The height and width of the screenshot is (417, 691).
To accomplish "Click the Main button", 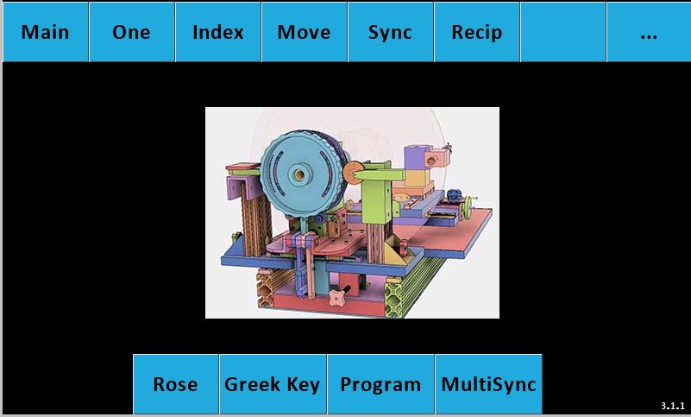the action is click(46, 32).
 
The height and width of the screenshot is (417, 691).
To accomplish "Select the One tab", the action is click(131, 32).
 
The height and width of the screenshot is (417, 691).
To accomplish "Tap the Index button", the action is click(217, 32).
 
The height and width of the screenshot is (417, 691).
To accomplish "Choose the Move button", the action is click(304, 32).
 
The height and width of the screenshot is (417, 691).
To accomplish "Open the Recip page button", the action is click(477, 32).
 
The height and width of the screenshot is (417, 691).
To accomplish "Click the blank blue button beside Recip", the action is click(563, 32).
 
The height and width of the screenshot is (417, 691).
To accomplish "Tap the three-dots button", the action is click(649, 32).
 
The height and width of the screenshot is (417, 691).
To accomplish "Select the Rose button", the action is click(175, 384).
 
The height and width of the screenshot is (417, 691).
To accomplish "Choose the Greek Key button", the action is click(273, 384).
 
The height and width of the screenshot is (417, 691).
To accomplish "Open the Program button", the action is click(380, 384).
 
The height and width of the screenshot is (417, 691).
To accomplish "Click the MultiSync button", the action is click(488, 384).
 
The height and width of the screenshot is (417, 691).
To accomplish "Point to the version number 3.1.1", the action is click(673, 406).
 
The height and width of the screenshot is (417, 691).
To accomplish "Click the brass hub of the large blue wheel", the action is click(299, 174).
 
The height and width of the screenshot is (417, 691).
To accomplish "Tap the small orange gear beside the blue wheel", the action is click(352, 173).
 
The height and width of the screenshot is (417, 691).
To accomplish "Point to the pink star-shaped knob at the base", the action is click(336, 298).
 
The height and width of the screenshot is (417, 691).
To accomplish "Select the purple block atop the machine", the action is click(416, 159).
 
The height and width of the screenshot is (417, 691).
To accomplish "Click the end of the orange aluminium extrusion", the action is click(266, 290).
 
